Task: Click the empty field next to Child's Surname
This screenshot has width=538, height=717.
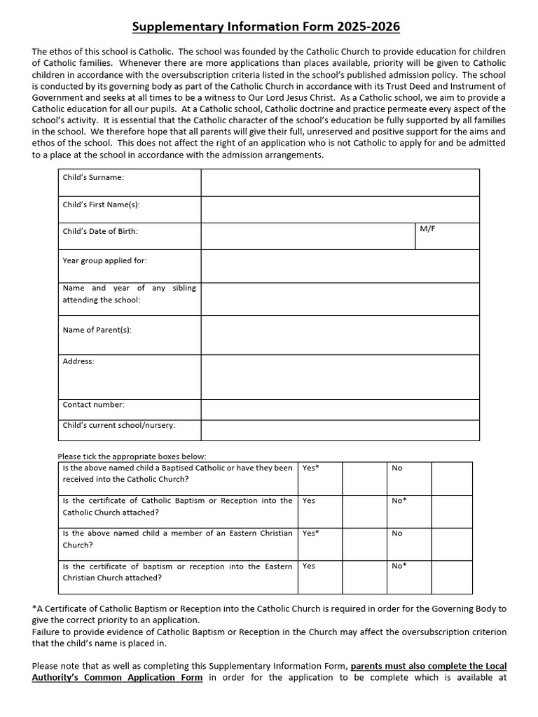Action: coord(340,182)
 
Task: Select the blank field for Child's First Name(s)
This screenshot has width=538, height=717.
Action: coord(340,209)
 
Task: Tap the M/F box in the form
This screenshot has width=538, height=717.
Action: coord(447,236)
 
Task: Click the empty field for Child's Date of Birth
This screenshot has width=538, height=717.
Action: coord(308,236)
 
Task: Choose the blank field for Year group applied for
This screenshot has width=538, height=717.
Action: coord(340,266)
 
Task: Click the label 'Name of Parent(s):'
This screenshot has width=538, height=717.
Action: coord(97,330)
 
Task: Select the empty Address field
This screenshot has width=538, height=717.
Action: coord(340,377)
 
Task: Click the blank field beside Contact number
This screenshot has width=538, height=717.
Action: coord(340,409)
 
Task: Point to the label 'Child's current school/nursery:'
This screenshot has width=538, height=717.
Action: coord(119,425)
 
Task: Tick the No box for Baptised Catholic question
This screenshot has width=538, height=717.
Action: coord(452,478)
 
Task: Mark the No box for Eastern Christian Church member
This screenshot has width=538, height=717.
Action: coord(452,544)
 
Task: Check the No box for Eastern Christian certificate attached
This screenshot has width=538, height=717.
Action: coord(452,577)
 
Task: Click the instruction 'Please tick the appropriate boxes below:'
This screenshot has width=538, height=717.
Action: coord(132,457)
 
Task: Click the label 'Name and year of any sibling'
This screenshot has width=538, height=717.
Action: coord(130,288)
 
